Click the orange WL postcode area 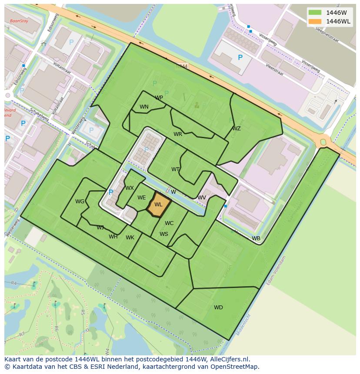point(158,205)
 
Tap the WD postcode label point(218,308)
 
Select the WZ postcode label point(236,129)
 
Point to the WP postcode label point(159,98)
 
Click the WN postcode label point(144,107)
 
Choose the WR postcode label point(178,134)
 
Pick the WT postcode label point(175,169)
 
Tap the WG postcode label point(80,202)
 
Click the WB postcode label point(256,238)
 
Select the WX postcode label point(130,188)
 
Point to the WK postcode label point(130,238)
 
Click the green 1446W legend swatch point(315,12)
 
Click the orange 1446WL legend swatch point(315,21)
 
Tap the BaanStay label point(19,20)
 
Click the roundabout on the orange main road point(323,141)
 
